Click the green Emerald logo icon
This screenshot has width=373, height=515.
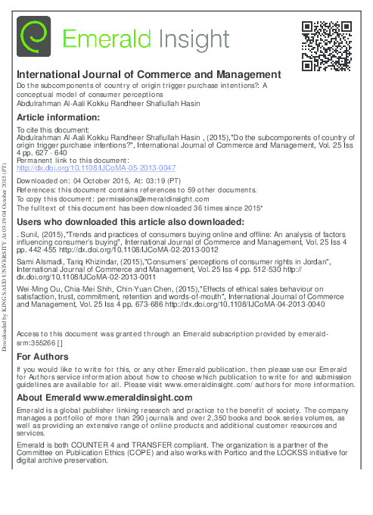[34, 36]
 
